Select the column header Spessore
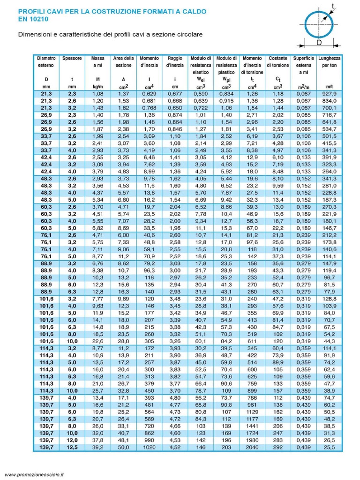[72, 59]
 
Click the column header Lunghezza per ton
[329, 62]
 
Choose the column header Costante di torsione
[278, 62]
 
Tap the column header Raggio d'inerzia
[174, 62]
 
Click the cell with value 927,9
[330, 94]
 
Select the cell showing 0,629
[149, 94]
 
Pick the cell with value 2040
[252, 447]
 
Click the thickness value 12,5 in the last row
[72, 447]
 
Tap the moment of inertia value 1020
[149, 447]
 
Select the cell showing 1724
[252, 434]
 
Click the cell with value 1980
[252, 441]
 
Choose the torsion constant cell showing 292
[278, 447]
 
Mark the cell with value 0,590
[201, 94]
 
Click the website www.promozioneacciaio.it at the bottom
[34, 474]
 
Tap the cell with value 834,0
[330, 101]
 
